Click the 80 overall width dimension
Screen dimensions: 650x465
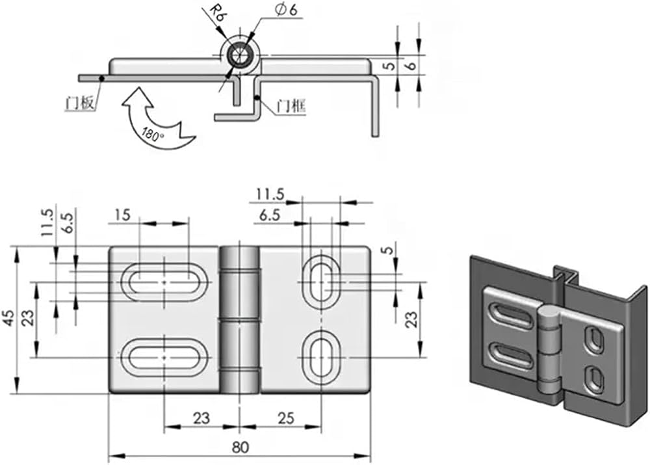[x=240, y=447]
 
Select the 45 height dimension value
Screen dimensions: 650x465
[x=10, y=318]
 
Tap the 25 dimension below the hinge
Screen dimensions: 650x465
[x=286, y=418]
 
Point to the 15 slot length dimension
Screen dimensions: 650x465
[x=122, y=215]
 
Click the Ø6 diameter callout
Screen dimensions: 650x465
[x=287, y=10]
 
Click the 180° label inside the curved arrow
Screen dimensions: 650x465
[x=151, y=135]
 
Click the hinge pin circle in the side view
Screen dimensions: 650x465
[x=240, y=55]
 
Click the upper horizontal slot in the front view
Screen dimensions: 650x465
[x=164, y=282]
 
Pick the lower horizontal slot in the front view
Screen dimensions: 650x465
[x=164, y=357]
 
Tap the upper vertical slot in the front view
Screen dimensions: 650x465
[x=321, y=282]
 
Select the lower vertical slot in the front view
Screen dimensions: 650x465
[x=321, y=357]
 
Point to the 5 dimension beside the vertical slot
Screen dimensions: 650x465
[x=388, y=250]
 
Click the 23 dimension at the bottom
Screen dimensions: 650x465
[x=201, y=418]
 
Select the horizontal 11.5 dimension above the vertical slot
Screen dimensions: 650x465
[x=270, y=194]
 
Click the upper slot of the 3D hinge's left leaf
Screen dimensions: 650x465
[x=510, y=318]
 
